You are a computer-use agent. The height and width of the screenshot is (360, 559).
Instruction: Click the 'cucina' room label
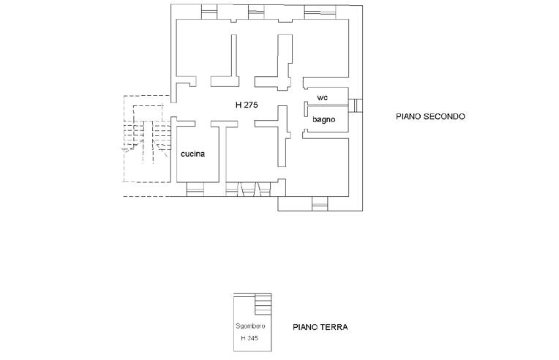(x=193, y=154)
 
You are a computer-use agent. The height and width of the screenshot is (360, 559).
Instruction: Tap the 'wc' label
(x=322, y=97)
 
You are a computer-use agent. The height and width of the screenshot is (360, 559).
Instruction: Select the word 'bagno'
(x=323, y=119)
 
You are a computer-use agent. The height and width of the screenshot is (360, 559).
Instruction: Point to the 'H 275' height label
(x=247, y=105)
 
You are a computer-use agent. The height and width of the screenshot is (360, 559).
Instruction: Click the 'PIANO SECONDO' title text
(x=430, y=116)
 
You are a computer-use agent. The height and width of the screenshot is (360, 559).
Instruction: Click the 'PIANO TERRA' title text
(x=320, y=328)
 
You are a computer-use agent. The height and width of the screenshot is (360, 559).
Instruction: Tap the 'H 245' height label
(x=250, y=339)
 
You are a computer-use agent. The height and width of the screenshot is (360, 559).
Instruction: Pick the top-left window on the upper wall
(x=209, y=11)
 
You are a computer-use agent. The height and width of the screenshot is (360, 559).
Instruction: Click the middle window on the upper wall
(x=257, y=11)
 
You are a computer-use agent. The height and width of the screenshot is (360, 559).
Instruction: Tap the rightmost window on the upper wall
(x=317, y=11)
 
